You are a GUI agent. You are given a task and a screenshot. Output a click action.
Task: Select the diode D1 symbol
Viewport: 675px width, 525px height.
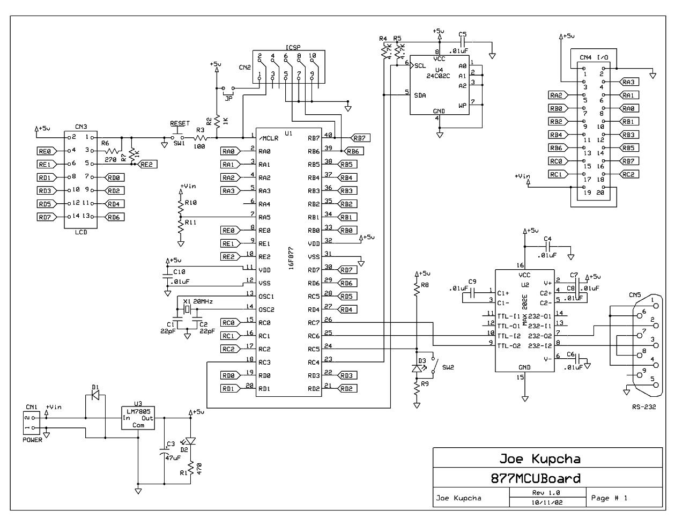(95, 395)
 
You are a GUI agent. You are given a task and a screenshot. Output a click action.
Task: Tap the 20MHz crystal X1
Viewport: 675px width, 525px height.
(187, 309)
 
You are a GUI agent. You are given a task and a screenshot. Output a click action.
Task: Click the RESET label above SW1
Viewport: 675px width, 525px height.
(180, 123)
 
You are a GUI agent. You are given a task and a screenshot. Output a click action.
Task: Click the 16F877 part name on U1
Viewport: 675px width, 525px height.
(291, 258)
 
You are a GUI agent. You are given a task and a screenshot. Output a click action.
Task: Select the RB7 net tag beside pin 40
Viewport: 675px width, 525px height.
(360, 138)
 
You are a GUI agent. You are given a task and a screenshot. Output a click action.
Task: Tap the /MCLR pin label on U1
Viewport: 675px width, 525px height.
(268, 138)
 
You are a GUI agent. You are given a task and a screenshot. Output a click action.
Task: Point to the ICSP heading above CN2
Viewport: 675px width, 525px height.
(293, 47)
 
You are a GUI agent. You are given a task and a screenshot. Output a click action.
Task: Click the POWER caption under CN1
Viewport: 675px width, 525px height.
(32, 440)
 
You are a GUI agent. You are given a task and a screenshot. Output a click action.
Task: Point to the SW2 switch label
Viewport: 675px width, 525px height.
(448, 367)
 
